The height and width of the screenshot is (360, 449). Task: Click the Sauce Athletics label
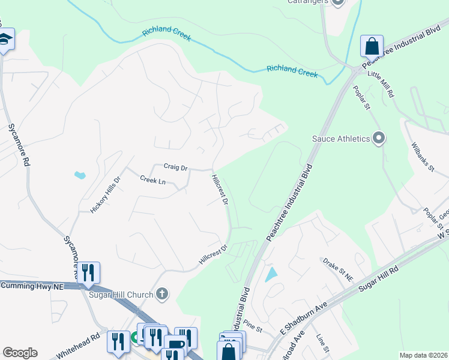(340, 139)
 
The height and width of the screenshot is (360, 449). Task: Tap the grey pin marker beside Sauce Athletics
(379, 139)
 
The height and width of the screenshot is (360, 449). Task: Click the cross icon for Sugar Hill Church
(161, 294)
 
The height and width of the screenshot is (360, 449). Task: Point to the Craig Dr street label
(176, 168)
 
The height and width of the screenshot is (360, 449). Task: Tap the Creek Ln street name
(152, 180)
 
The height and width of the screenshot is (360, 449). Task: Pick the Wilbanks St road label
(423, 157)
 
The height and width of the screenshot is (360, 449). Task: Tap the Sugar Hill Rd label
(378, 280)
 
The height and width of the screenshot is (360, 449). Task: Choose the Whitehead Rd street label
(78, 346)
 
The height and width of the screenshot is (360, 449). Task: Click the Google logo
(20, 353)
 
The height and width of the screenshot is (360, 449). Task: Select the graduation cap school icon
(5, 40)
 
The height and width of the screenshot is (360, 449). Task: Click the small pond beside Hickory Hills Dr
(80, 175)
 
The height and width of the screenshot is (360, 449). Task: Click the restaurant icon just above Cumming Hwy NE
(89, 272)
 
